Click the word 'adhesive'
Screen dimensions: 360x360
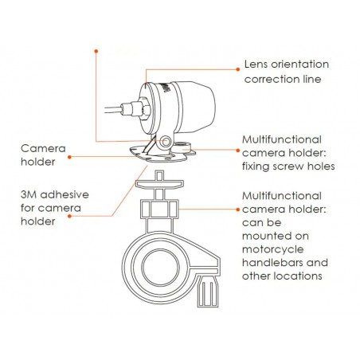65,194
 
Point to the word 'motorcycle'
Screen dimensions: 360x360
273,249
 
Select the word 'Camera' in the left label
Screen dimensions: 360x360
43,148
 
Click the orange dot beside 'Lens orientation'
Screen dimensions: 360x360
238,69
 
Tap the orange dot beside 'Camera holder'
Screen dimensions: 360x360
69,157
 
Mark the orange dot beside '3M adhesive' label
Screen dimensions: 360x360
69,217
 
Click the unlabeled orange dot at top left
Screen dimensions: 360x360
96,51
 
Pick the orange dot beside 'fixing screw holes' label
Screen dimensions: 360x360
238,151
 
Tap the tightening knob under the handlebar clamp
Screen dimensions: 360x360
208,292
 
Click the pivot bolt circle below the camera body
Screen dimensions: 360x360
166,142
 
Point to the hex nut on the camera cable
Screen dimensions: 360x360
143,108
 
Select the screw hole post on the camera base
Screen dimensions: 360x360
183,147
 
